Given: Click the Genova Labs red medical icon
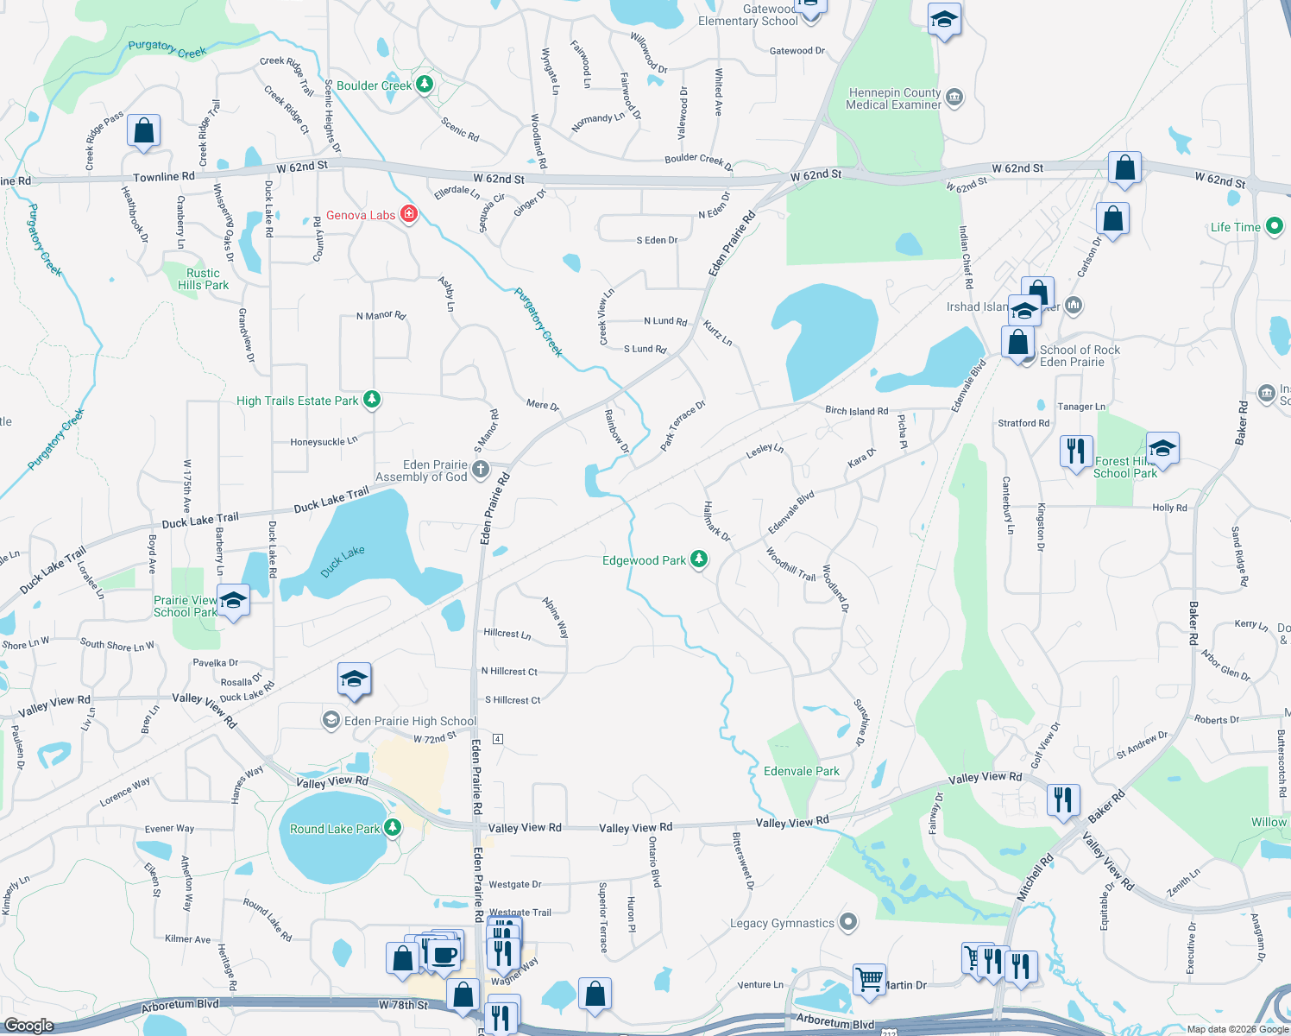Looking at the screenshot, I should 409,215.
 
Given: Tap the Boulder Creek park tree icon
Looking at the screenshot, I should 424,85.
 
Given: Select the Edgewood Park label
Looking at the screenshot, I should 644,560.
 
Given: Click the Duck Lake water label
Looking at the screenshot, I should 343,561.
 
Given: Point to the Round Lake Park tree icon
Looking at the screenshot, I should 393,828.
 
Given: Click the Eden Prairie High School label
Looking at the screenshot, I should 410,721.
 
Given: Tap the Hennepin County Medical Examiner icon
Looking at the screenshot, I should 954,97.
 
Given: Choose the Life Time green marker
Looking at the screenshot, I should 1274,227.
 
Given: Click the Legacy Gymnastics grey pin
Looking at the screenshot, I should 848,922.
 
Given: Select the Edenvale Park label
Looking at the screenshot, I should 801,771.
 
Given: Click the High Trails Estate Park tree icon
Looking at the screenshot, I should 372,400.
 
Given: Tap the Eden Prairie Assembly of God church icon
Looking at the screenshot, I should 481,470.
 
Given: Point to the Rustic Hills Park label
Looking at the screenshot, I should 203,279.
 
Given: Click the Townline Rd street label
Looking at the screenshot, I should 164,177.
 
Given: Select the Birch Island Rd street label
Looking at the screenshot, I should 856,411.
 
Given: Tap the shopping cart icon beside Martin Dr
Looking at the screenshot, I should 869,979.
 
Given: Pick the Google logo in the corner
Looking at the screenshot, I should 28,1025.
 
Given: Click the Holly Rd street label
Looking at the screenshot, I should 1169,508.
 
